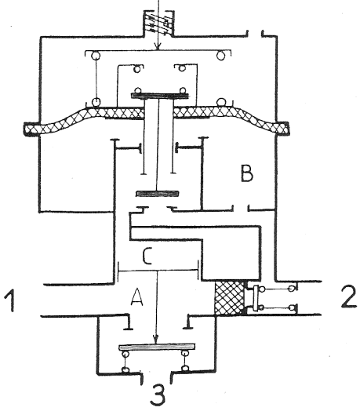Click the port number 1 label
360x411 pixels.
click(10, 300)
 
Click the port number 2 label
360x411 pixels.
click(349, 296)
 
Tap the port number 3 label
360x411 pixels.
click(158, 395)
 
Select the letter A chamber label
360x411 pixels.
click(137, 296)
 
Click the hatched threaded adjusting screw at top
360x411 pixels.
click(158, 23)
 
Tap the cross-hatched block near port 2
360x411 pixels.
click(230, 298)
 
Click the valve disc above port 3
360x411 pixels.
click(157, 347)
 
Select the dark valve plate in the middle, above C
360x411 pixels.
click(158, 194)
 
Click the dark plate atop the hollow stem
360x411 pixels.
click(160, 96)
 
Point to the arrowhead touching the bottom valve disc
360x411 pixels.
click(156, 340)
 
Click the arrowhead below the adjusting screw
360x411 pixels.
click(158, 46)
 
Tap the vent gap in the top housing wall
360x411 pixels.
click(255, 34)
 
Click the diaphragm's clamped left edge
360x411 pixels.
click(31, 129)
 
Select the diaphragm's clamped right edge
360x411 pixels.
click(282, 129)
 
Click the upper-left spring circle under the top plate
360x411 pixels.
click(95, 56)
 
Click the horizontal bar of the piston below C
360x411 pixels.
click(158, 271)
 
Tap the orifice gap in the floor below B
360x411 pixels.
click(241, 209)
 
